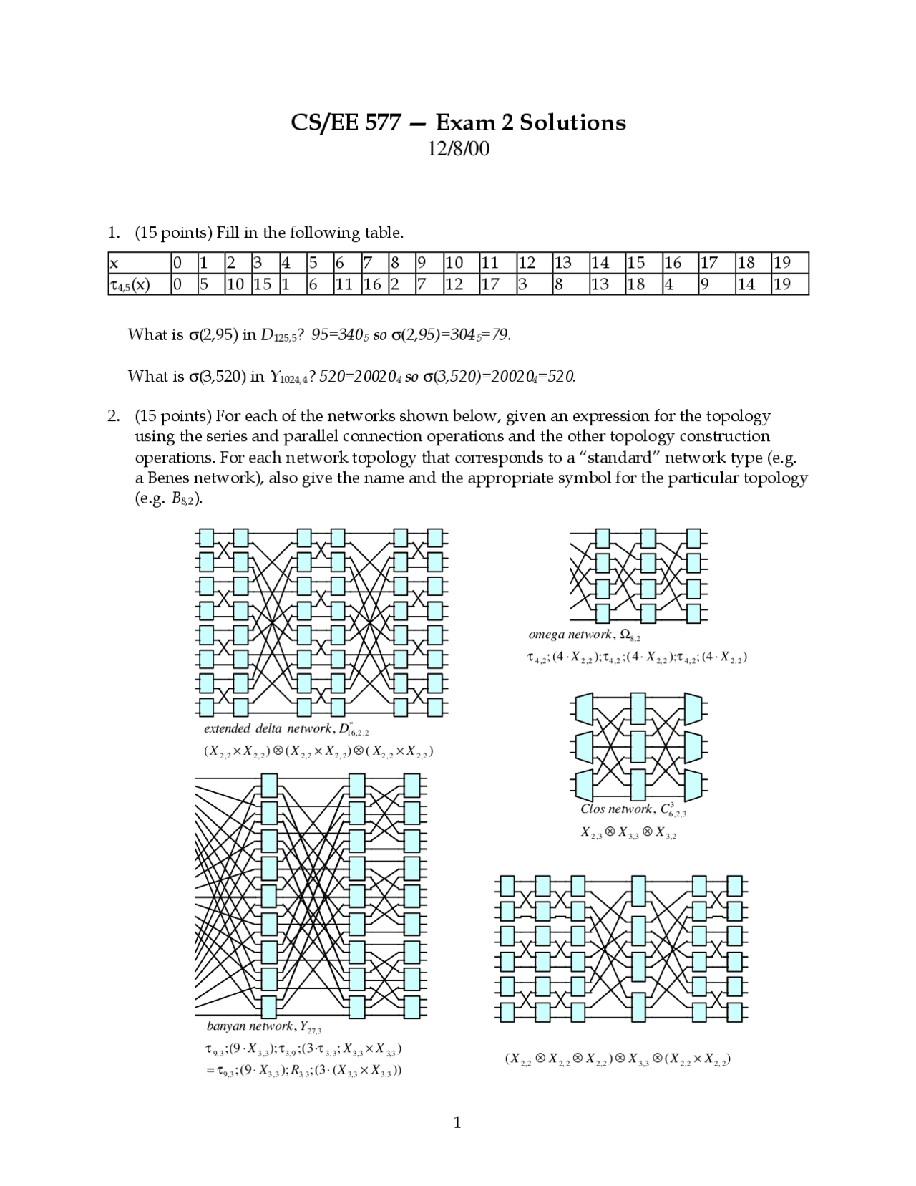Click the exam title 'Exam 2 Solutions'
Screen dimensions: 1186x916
click(x=530, y=122)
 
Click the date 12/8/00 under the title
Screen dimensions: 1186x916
click(x=458, y=149)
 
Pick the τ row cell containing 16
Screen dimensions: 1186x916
click(x=371, y=284)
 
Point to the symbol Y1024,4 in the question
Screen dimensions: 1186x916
click(x=288, y=377)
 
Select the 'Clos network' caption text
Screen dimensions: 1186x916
click(x=616, y=809)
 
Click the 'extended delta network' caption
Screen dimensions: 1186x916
click(x=268, y=728)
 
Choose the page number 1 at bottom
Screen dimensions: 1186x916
click(x=457, y=1122)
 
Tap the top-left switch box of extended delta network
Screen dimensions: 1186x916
click(x=206, y=537)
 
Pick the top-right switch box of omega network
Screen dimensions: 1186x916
click(x=693, y=537)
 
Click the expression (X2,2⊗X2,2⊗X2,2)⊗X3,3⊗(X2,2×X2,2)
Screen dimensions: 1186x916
click(x=617, y=1059)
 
